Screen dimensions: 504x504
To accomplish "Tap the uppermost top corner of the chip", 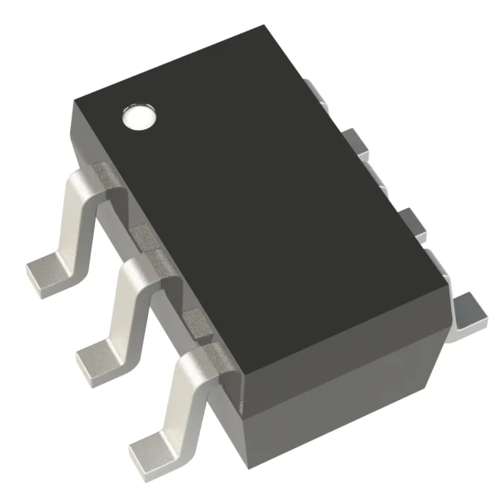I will (x=263, y=26).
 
